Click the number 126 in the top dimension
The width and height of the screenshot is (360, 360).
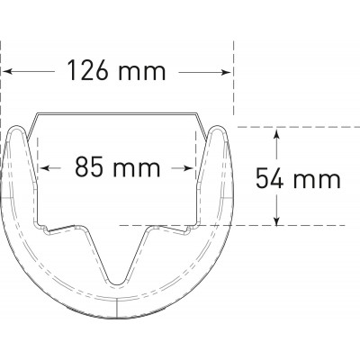coord(87,71)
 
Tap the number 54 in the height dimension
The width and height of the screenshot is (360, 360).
coord(269,178)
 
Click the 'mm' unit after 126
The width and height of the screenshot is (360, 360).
coord(141,74)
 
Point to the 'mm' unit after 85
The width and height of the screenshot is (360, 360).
coord(137,169)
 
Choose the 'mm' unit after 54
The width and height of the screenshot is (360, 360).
coord(317,181)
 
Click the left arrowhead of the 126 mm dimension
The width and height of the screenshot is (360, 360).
coord(7,72)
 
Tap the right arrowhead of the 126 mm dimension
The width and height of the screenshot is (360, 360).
coord(227,72)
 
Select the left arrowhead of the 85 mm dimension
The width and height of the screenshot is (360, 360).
coord(44,168)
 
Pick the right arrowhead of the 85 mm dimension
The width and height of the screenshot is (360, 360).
coord(188,168)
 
